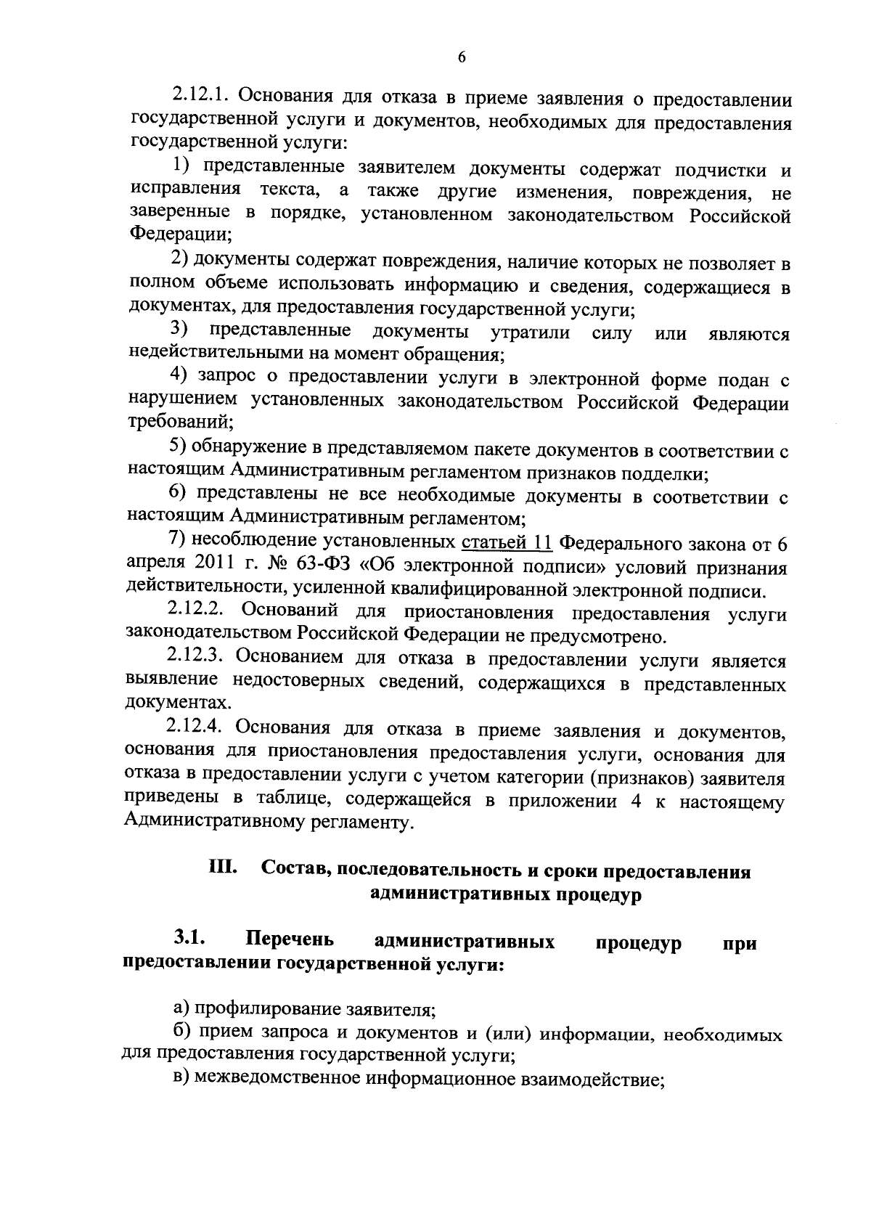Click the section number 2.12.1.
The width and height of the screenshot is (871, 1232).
tap(199, 97)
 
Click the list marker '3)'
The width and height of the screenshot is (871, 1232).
tap(179, 331)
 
